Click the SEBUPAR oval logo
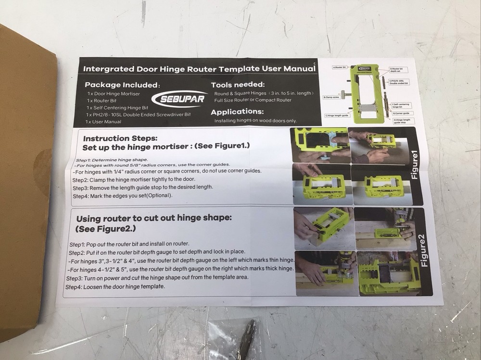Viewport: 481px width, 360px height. coord(179,99)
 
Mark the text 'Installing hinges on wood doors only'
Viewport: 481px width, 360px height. coord(255,121)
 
